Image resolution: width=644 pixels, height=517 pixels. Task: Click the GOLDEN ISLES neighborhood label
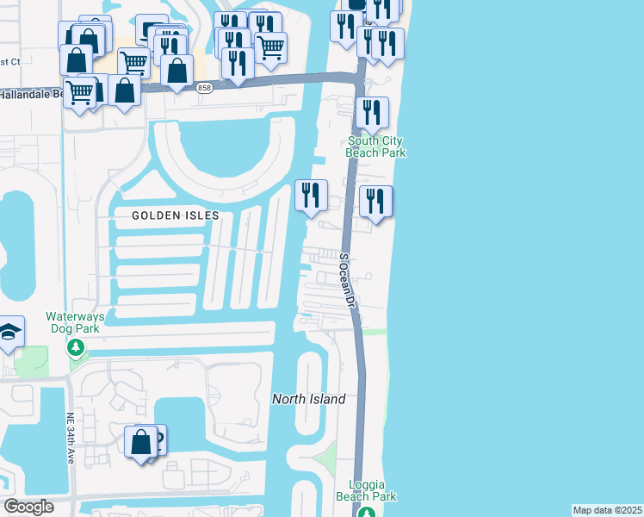[x=176, y=215]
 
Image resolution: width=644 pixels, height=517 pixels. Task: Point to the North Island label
[x=309, y=399]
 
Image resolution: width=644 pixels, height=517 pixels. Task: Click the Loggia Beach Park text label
[x=373, y=490]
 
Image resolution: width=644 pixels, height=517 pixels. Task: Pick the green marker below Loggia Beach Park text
[x=367, y=512]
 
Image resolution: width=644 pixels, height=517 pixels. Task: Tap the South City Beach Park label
[x=375, y=146]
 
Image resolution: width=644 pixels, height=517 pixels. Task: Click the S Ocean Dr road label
[x=347, y=280]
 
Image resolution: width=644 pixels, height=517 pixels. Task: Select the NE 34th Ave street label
[x=71, y=440]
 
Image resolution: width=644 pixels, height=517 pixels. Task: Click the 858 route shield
[x=204, y=88]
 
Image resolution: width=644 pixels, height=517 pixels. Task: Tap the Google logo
[x=28, y=507]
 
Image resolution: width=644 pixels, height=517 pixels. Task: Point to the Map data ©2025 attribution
[x=607, y=510]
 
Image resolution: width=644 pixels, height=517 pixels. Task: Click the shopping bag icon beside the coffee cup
[x=140, y=443]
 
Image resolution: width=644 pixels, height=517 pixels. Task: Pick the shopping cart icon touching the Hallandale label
[x=80, y=91]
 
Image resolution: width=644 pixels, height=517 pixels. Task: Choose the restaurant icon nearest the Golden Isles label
[x=311, y=196]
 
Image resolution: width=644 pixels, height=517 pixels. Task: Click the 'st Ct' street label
[x=10, y=61]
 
